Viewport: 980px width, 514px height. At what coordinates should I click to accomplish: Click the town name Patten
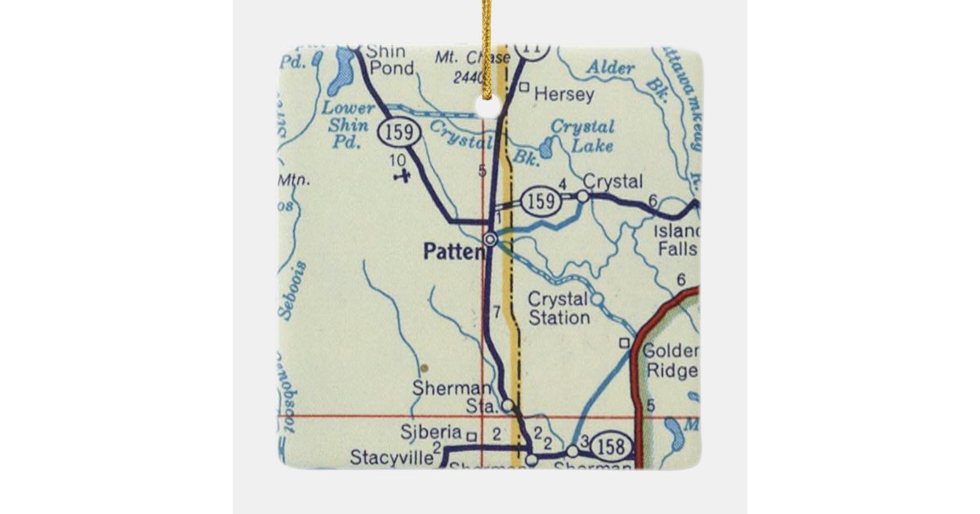click(453, 252)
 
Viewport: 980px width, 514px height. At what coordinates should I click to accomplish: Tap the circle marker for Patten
click(490, 239)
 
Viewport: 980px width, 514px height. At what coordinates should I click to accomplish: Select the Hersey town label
click(563, 95)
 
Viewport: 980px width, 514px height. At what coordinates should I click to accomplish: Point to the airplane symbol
click(400, 175)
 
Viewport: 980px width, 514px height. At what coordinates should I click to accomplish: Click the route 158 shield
click(612, 446)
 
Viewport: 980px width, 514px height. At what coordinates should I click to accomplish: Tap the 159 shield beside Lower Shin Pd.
click(399, 131)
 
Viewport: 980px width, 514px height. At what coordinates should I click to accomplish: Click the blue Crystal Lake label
click(582, 136)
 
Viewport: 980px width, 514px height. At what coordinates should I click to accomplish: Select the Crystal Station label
click(559, 308)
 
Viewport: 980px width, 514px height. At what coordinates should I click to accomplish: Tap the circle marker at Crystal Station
click(597, 299)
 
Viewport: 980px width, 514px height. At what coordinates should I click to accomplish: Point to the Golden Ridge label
click(670, 361)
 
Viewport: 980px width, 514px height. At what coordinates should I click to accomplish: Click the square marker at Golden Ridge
click(626, 343)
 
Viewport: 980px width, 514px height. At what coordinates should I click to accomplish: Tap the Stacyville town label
click(391, 458)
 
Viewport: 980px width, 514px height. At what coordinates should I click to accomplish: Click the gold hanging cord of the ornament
click(487, 49)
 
